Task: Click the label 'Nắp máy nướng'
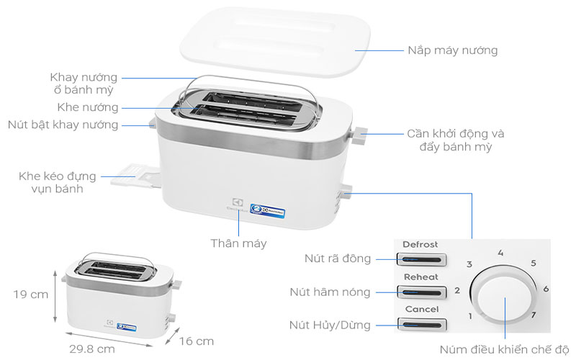tap(453, 50)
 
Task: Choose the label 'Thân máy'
tap(238, 243)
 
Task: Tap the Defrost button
tap(420, 259)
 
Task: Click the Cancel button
tap(420, 324)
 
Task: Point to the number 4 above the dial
tap(500, 253)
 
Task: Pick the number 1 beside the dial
tap(470, 316)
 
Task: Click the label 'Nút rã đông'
tap(338, 258)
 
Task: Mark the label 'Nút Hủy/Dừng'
tap(330, 325)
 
